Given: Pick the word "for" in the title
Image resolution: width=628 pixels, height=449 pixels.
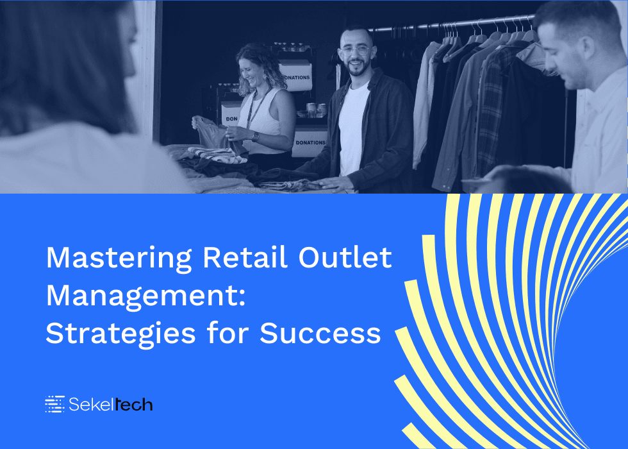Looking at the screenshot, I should [x=228, y=334].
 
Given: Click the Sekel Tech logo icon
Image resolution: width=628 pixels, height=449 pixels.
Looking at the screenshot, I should [x=55, y=404].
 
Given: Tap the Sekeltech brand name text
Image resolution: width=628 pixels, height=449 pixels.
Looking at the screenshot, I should [x=111, y=404].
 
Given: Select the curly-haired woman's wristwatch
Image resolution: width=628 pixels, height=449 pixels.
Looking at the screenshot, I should [x=255, y=136].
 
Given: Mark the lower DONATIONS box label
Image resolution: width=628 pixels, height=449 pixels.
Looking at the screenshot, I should [x=310, y=142].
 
